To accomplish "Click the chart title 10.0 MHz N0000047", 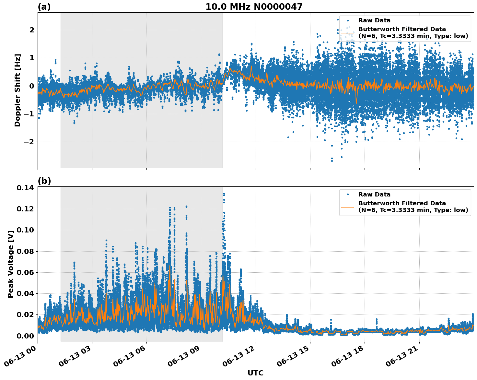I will pyautogui.click(x=254, y=7).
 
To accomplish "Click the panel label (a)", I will pyautogui.click(x=44, y=7).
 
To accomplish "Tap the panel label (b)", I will pyautogui.click(x=44, y=181).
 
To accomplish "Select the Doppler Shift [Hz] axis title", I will pyautogui.click(x=17, y=90).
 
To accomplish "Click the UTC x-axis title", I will pyautogui.click(x=255, y=373).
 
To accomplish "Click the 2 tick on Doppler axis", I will pyautogui.click(x=32, y=30).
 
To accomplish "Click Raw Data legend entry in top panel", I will pyautogui.click(x=374, y=20).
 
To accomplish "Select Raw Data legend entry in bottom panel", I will pyautogui.click(x=374, y=195).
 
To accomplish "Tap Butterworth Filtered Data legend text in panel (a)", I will pyautogui.click(x=402, y=30).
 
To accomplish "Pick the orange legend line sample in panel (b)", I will pyautogui.click(x=348, y=207).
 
